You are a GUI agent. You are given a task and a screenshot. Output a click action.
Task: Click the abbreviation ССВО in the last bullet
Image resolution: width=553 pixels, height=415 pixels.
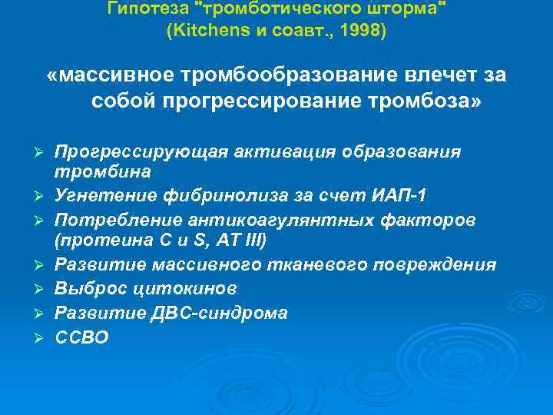point(81,337)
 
